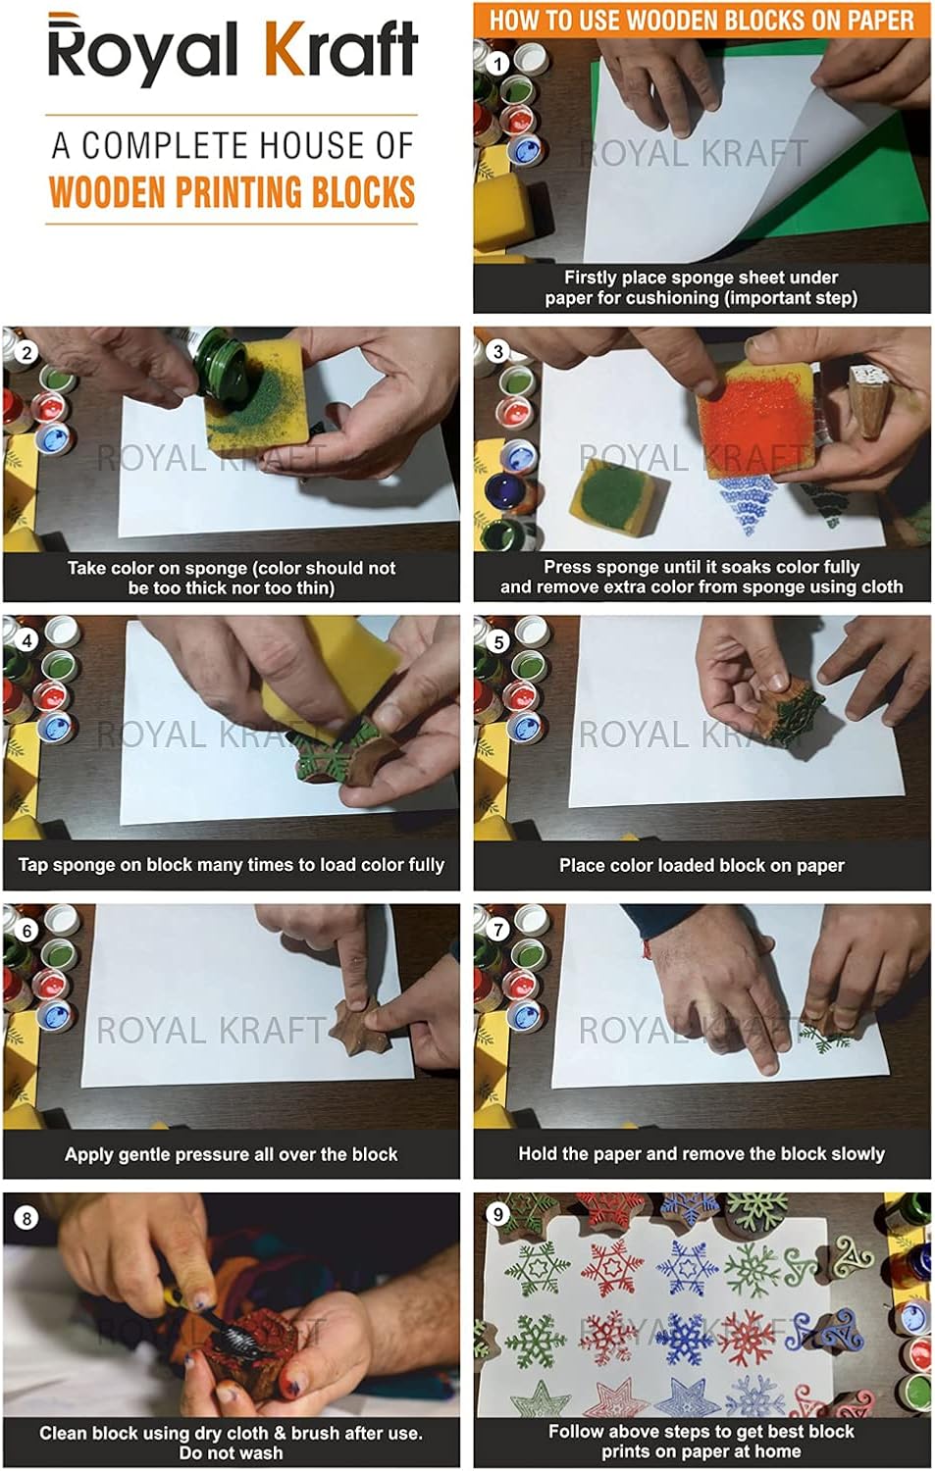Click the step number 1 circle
498,64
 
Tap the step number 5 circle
498,641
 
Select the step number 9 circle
498,1214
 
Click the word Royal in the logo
142,51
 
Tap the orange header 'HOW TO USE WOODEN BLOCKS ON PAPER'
701,20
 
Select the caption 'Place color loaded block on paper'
701,865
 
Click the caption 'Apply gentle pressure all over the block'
232,1154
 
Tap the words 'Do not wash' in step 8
232,1452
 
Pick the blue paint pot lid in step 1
527,150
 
